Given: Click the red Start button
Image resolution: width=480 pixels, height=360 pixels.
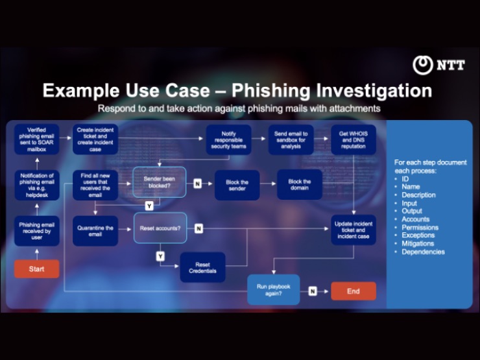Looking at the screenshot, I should point(36,269).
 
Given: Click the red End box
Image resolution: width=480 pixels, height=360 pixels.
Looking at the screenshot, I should point(353,291).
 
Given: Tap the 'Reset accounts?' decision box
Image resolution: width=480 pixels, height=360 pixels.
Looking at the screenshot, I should point(160,228).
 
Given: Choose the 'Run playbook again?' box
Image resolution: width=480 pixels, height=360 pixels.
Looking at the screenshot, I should point(274,290).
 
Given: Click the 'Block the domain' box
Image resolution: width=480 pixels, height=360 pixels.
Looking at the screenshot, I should point(299,184).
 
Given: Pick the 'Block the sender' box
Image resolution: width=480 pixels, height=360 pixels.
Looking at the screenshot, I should point(237,184).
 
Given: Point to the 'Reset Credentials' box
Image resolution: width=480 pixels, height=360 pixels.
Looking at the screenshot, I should point(202,267).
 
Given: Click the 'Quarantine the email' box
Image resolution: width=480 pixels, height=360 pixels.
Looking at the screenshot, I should point(95,231).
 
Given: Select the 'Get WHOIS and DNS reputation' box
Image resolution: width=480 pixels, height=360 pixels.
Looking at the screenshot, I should point(353,139).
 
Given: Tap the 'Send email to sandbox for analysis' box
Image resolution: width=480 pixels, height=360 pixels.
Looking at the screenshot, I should point(291,139).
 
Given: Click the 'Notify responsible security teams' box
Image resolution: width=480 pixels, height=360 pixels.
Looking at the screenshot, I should point(228,139).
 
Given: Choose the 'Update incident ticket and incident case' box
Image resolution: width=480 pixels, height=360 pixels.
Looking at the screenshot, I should point(353,230).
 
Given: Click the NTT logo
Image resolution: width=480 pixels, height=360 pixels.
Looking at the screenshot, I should point(438,65).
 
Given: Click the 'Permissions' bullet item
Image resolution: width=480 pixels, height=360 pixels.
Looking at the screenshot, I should point(420,228).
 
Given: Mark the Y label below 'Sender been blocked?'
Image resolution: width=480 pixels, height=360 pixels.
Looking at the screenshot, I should point(149,206).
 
